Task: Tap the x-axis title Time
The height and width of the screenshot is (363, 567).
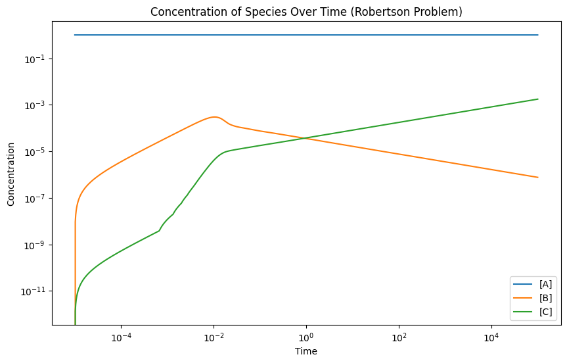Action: (306, 351)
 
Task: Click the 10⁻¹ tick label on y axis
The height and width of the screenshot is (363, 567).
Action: (34, 59)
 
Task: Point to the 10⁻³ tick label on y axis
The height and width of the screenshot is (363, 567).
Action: (34, 105)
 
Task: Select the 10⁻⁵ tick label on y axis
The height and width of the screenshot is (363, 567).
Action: (34, 152)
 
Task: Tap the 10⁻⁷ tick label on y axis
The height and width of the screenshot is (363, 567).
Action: (34, 198)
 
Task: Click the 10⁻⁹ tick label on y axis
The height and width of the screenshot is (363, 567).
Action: (34, 245)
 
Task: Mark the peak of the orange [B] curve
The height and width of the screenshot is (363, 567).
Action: (214, 117)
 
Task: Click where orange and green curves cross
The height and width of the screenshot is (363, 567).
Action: (306, 138)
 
